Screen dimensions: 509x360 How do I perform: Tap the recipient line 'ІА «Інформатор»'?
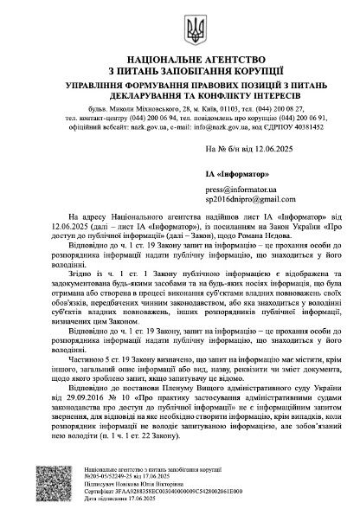pyautogui.click(x=232, y=174)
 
